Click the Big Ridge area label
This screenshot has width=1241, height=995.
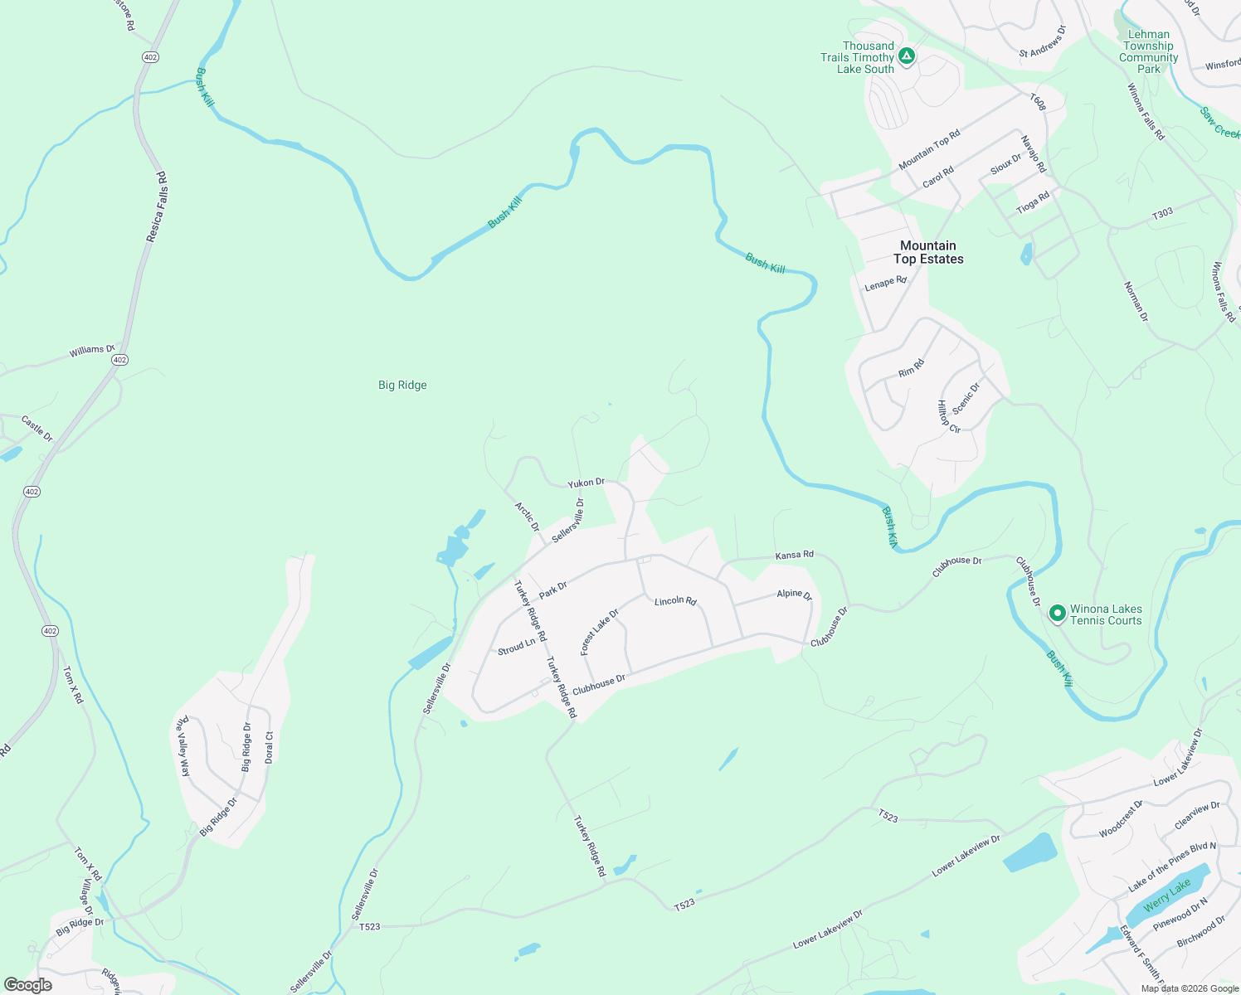pos(402,385)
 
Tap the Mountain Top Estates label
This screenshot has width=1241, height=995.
pos(928,252)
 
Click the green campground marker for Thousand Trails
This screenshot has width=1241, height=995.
pos(907,56)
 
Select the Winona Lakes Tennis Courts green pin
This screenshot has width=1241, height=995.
pos(1057,614)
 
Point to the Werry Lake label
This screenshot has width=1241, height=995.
pos(1167,895)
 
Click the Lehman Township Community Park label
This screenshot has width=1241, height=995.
pos(1149,51)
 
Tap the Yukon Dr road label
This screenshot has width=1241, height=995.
pos(586,483)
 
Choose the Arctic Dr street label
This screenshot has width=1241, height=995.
pos(527,517)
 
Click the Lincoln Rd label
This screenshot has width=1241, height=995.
pos(675,600)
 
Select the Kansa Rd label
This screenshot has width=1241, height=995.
pos(794,555)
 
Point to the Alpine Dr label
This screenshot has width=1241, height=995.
pos(794,594)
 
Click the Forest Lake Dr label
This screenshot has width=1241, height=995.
pos(599,632)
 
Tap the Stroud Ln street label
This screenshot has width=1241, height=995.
pos(516,647)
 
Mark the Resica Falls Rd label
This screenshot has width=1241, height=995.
pos(157,207)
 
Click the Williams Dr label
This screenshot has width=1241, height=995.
pos(92,351)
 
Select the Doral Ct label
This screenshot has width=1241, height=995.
pos(269,747)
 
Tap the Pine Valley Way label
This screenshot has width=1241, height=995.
pos(182,746)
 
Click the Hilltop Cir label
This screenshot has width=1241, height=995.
pos(948,417)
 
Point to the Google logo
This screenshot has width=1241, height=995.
pos(28,985)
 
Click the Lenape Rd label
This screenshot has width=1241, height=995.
pos(886,284)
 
